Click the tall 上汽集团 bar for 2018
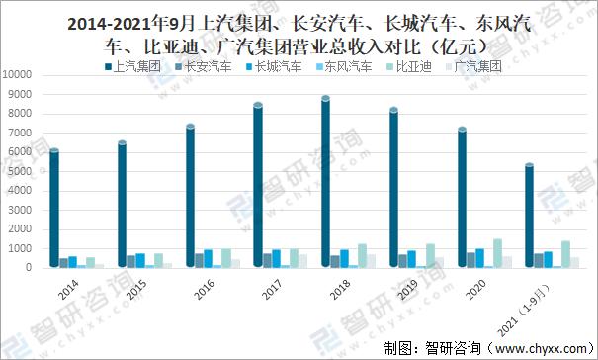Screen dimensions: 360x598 [x=325, y=183]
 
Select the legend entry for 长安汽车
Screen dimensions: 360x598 [x=204, y=67]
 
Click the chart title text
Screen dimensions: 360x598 [x=299, y=33]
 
